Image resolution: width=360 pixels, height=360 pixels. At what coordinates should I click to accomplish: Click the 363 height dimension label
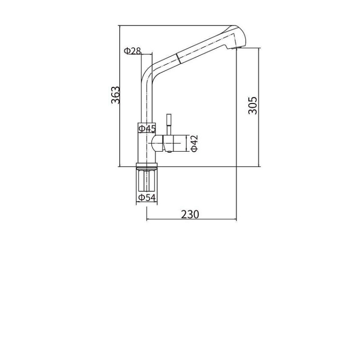click(116, 95)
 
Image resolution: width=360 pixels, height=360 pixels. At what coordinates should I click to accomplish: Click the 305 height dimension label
click(253, 105)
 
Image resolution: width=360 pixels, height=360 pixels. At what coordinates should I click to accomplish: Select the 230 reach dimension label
click(190, 215)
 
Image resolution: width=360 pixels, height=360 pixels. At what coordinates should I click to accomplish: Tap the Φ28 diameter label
click(132, 50)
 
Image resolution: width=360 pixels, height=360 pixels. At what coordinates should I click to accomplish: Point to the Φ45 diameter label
click(148, 129)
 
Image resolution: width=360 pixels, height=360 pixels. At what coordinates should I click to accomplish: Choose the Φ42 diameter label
click(194, 144)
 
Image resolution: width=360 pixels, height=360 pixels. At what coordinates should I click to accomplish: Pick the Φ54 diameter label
click(147, 198)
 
